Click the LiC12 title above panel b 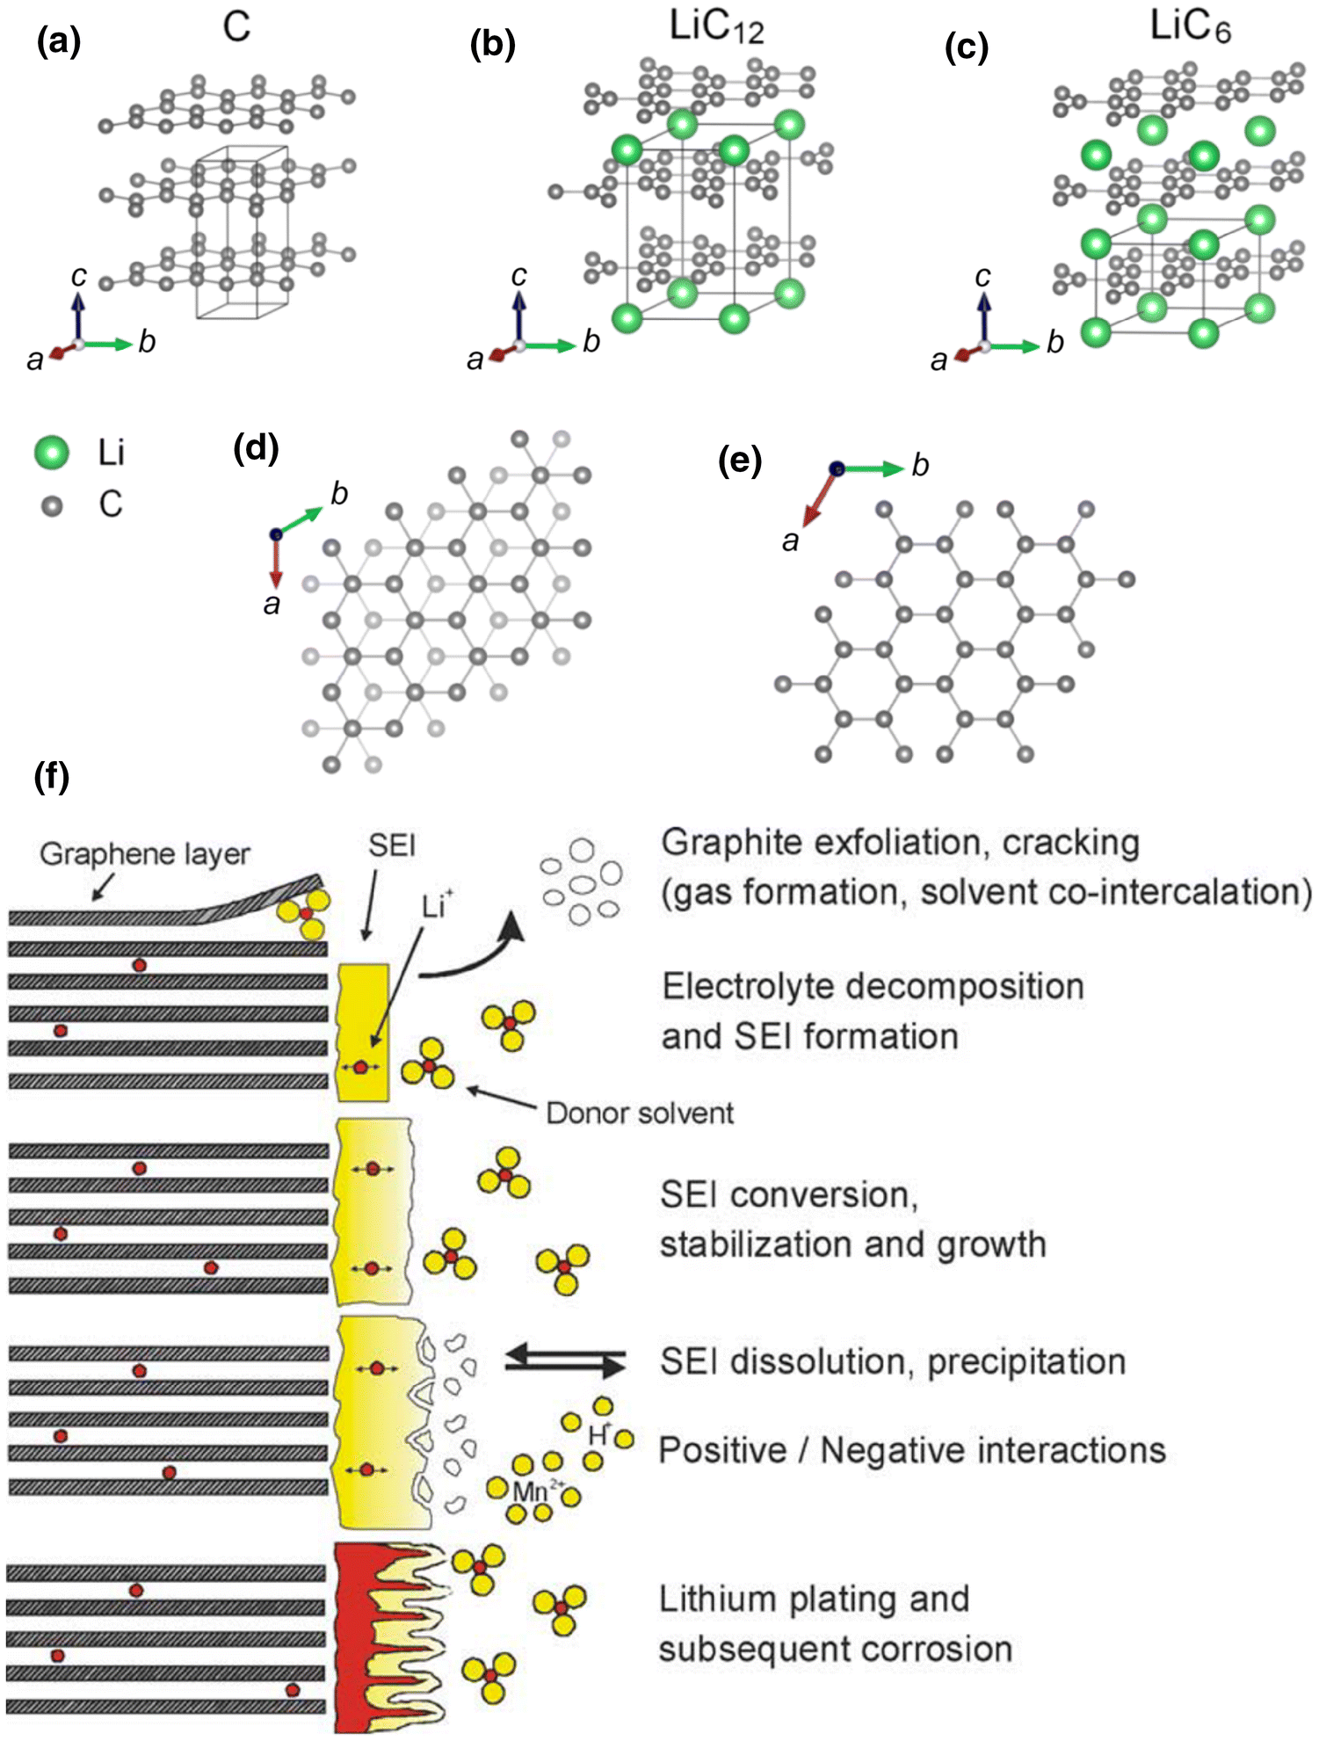pyautogui.click(x=716, y=27)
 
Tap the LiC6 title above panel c pyautogui.click(x=1190, y=27)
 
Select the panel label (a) pyautogui.click(x=59, y=41)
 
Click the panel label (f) pyautogui.click(x=52, y=777)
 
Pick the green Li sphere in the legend pyautogui.click(x=52, y=453)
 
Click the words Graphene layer pyautogui.click(x=145, y=854)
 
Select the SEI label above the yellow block pyautogui.click(x=392, y=845)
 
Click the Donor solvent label pyautogui.click(x=640, y=1114)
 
